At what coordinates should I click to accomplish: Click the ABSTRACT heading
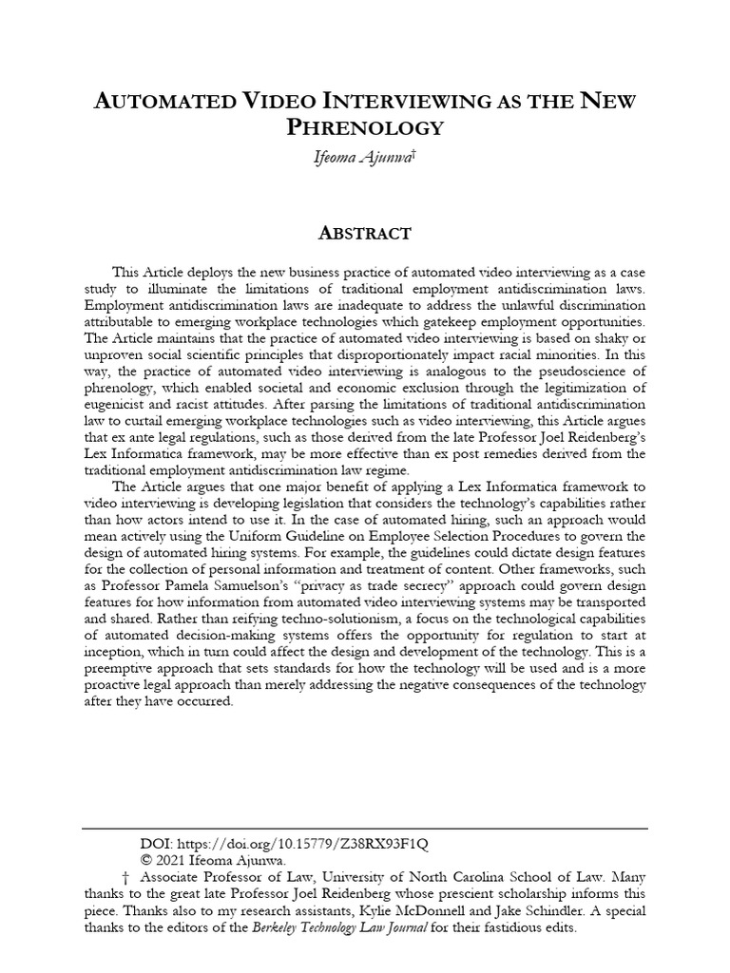click(x=364, y=233)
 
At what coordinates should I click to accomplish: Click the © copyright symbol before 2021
click(x=146, y=859)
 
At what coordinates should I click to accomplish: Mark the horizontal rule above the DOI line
click(x=364, y=829)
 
